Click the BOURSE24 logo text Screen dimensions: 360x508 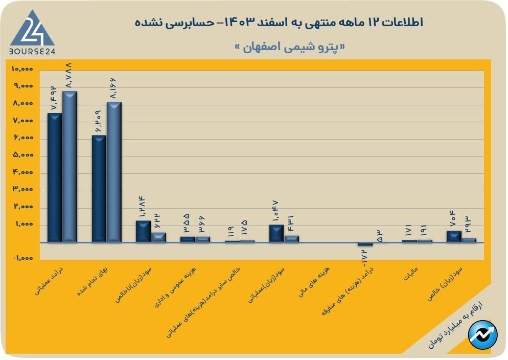click(32, 52)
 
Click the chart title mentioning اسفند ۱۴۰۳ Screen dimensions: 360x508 click(279, 22)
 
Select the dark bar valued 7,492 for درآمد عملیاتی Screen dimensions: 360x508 click(54, 177)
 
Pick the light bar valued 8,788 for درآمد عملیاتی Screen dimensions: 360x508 click(70, 166)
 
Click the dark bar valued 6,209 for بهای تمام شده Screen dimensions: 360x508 click(99, 188)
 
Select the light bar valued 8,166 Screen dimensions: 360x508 click(114, 171)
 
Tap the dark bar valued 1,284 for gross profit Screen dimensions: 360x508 click(143, 231)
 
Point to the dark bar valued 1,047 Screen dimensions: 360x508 click(276, 233)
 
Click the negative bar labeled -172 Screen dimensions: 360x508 click(365, 244)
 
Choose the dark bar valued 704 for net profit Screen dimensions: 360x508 click(454, 236)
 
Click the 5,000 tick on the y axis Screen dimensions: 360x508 click(23, 155)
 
